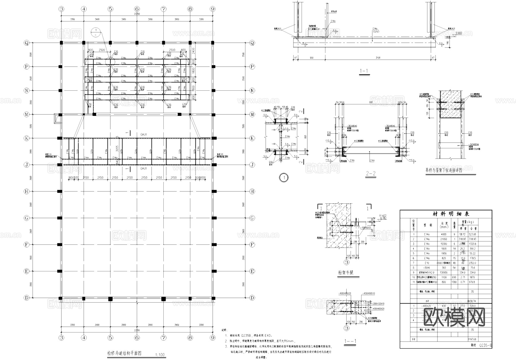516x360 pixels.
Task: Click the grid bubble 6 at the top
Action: coord(137,9)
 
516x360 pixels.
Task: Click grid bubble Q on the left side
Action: coord(27,43)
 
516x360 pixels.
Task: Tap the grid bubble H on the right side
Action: coord(252,191)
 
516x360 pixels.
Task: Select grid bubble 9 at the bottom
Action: coord(212,338)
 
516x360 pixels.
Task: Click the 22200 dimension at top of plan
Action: coord(137,14)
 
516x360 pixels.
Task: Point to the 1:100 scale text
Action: coord(160,355)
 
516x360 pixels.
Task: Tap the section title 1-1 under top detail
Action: coord(364,71)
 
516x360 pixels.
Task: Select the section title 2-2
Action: coord(371,174)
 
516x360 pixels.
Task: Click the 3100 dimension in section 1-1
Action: coord(378,58)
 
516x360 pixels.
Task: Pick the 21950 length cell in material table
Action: coord(443,239)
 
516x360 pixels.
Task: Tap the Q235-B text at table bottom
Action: coord(486,346)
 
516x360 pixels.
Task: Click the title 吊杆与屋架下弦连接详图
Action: coord(444,170)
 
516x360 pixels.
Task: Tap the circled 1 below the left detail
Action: coord(284,178)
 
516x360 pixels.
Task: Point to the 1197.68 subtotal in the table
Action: coord(472,339)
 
